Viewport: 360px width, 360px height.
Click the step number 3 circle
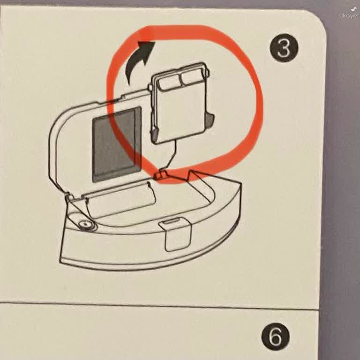click(284, 48)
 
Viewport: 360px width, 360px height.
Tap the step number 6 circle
click(275, 337)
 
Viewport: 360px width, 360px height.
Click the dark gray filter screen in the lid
click(117, 144)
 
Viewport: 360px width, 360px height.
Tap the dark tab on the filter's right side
click(210, 120)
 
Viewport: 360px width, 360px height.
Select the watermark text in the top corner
click(349, 15)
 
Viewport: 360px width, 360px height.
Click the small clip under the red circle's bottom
click(160, 175)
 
